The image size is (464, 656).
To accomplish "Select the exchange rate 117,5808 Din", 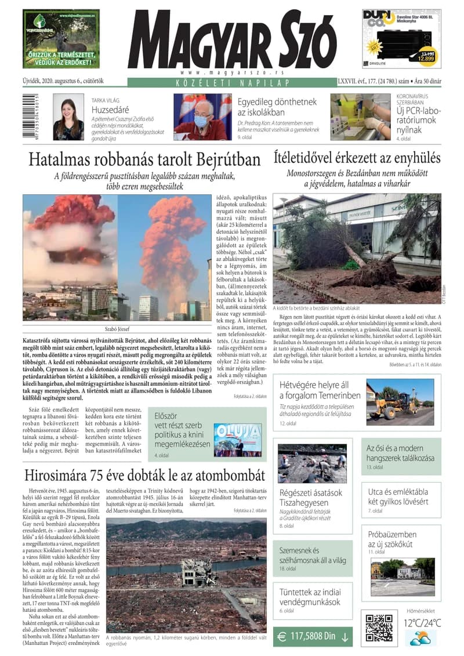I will (x=314, y=636).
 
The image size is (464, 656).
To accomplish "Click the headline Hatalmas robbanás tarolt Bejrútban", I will (x=144, y=158).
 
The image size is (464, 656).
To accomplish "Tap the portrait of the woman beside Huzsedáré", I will (x=68, y=118).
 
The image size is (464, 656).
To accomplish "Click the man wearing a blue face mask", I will (x=202, y=118).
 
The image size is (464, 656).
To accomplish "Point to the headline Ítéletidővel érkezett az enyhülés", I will (x=357, y=158).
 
